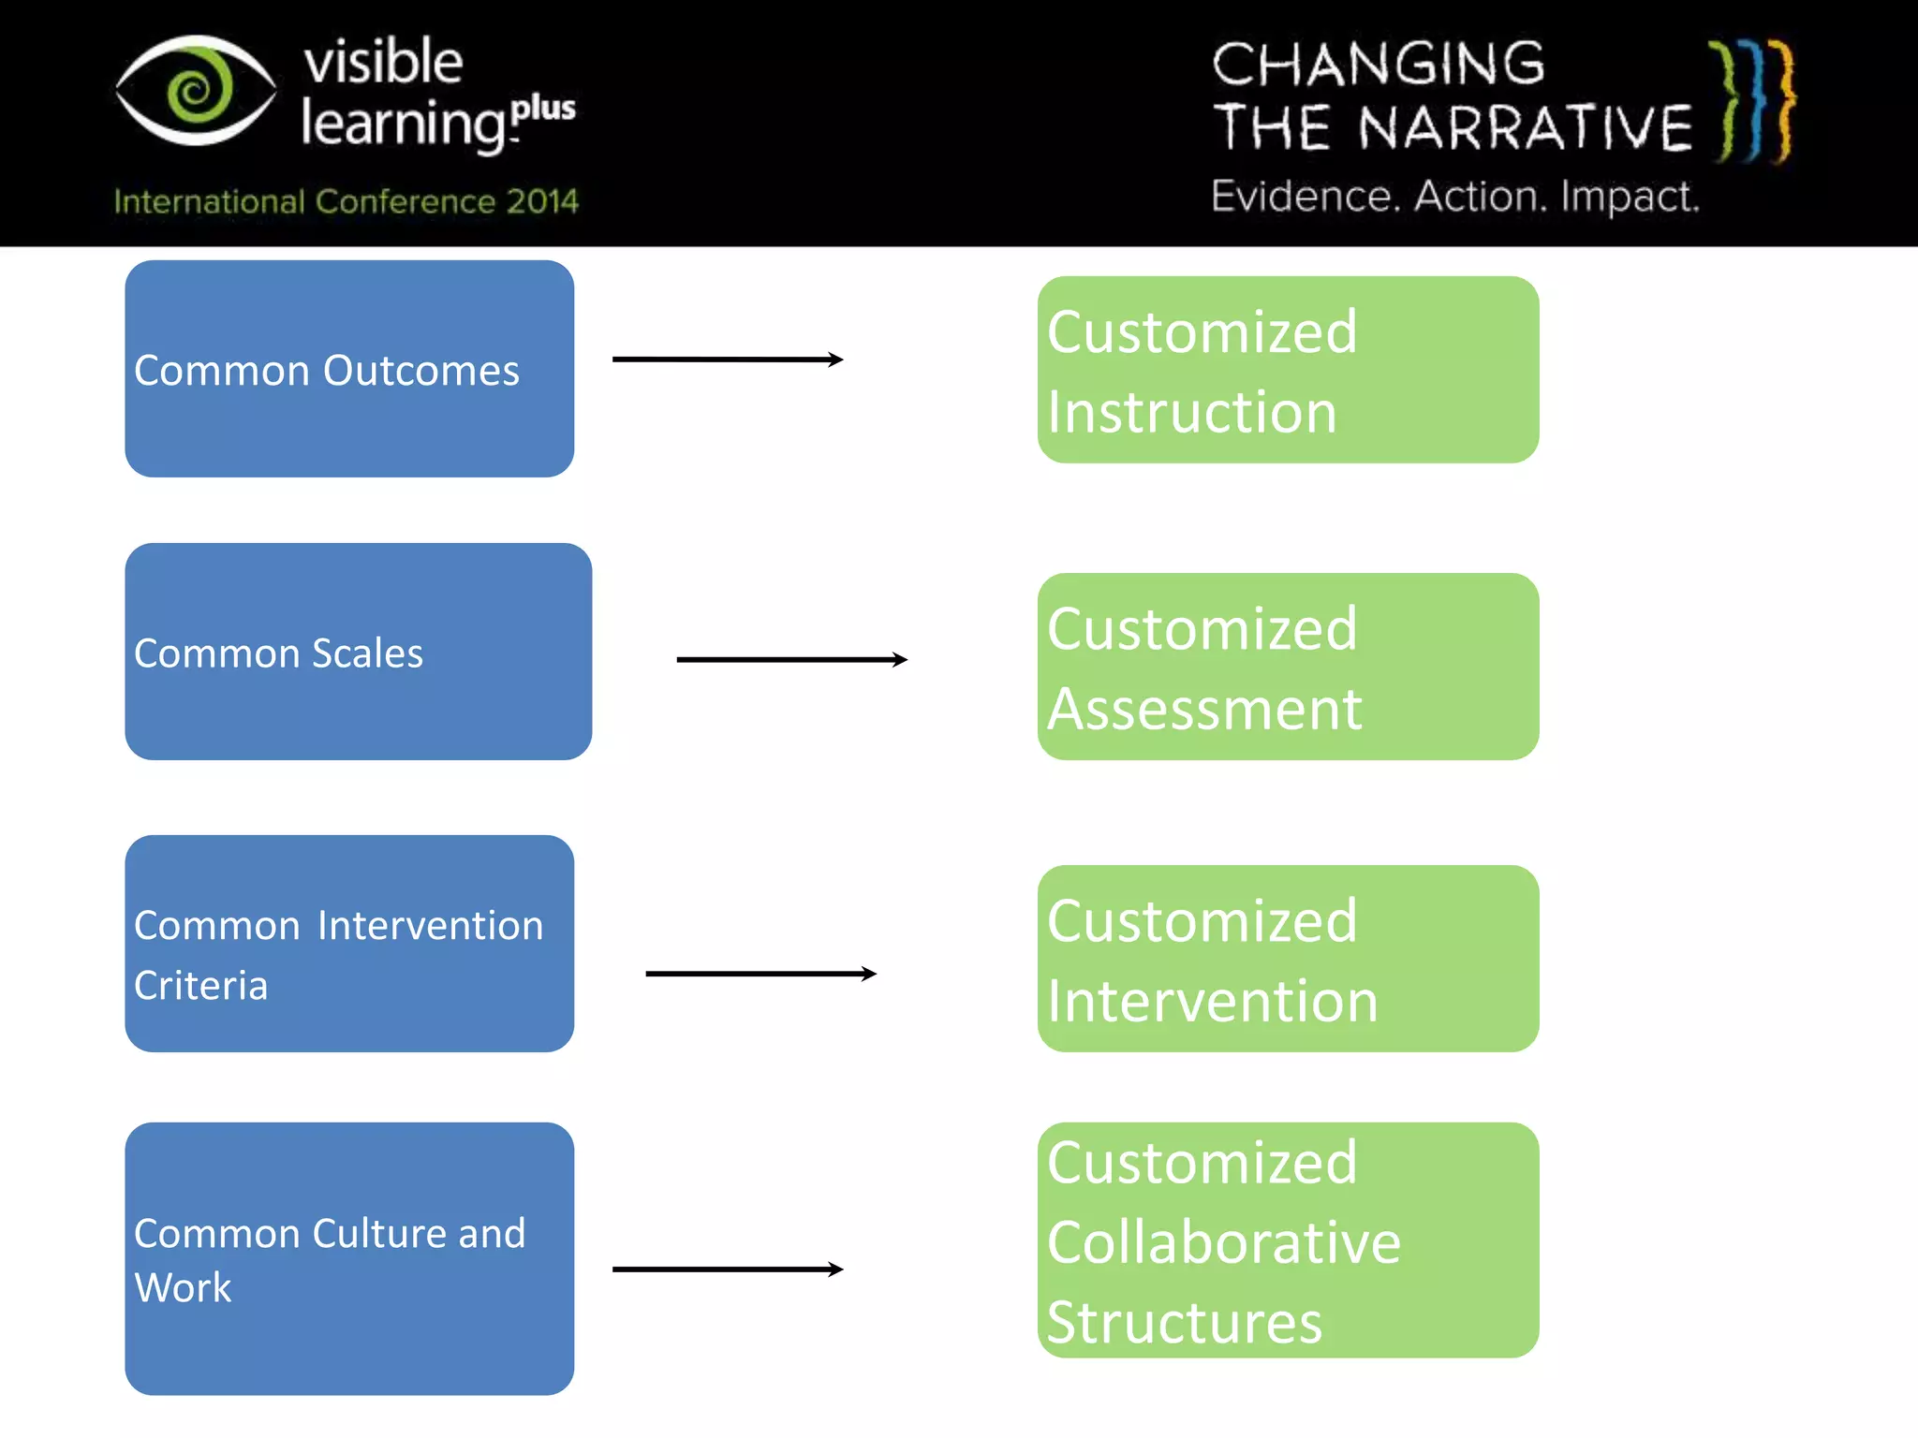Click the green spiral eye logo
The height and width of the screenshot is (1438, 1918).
click(196, 91)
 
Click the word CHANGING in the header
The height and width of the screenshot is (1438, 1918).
click(1378, 65)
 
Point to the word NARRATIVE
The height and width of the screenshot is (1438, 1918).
click(1526, 128)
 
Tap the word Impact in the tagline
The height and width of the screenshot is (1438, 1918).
click(1629, 197)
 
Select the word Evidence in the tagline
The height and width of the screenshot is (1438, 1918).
click(1305, 197)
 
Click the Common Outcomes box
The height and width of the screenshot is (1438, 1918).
click(349, 369)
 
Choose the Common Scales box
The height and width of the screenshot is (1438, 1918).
click(358, 652)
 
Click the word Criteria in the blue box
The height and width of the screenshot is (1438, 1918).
click(200, 986)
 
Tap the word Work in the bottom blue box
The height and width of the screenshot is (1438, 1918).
click(183, 1288)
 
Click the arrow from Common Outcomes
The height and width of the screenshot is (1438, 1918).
click(728, 359)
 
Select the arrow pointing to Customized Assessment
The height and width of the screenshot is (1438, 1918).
click(791, 660)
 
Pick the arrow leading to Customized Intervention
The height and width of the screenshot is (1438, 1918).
click(760, 974)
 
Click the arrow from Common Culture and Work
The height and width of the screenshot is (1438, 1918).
click(728, 1269)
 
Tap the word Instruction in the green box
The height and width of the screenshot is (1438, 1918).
click(1191, 412)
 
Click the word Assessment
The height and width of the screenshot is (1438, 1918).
click(1204, 709)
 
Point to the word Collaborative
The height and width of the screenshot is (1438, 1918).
click(1223, 1242)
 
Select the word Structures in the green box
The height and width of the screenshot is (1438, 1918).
click(1184, 1323)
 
